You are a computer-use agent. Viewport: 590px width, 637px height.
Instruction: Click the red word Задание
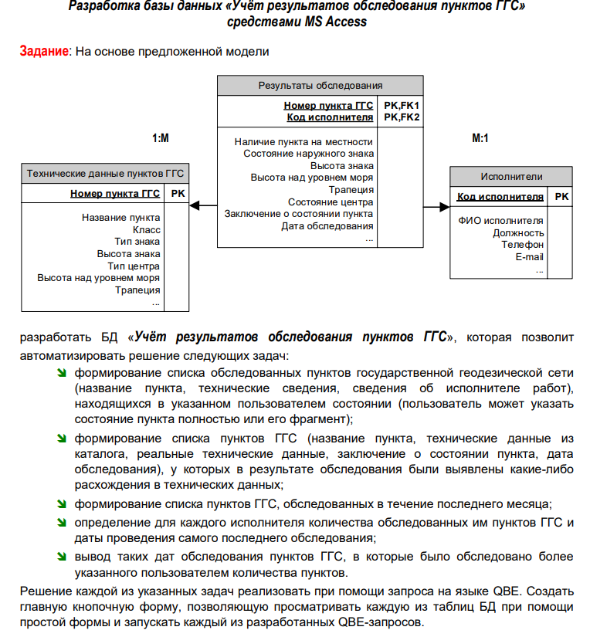point(44,51)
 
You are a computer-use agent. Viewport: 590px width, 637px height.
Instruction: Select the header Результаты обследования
point(320,86)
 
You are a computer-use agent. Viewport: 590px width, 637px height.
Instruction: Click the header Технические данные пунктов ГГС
point(105,174)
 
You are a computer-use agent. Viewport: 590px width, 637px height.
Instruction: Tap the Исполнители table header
point(511,177)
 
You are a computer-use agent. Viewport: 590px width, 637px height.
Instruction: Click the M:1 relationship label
point(480,138)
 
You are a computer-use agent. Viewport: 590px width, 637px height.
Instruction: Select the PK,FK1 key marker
point(401,106)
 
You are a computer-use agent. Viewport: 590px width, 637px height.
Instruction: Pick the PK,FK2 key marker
point(401,117)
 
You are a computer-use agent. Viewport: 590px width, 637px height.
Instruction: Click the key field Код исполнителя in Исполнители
point(500,197)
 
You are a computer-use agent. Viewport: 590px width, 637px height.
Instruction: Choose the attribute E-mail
point(529,257)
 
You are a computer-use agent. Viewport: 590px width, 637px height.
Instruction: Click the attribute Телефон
point(522,245)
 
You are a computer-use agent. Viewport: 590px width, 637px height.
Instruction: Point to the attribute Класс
point(146,229)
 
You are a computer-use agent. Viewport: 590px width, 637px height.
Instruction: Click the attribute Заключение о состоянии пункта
point(299,214)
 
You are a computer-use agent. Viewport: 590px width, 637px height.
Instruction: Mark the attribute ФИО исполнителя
point(500,221)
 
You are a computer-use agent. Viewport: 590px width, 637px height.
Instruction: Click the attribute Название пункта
point(121,218)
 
